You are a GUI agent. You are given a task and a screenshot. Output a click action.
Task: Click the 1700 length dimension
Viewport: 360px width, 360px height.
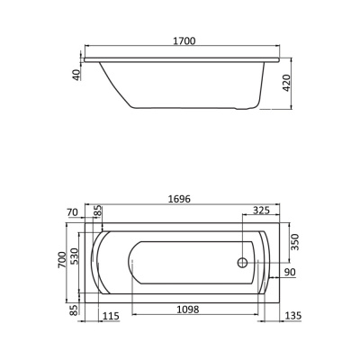(184, 40)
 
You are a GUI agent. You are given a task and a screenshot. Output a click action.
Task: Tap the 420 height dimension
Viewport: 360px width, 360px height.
(287, 83)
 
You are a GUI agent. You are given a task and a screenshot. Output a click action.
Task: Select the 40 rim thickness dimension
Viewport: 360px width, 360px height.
(76, 75)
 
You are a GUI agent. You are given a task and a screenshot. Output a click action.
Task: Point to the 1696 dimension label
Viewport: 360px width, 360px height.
(179, 199)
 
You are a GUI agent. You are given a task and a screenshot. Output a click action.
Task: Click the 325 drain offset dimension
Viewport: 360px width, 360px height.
(261, 211)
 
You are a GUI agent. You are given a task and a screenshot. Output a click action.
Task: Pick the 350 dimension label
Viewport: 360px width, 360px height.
(295, 242)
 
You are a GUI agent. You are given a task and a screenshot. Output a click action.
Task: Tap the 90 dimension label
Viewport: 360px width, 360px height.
(290, 272)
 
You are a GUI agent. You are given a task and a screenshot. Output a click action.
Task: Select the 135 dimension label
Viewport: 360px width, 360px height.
(292, 315)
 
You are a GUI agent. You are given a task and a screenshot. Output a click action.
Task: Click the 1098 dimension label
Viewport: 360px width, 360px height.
(188, 310)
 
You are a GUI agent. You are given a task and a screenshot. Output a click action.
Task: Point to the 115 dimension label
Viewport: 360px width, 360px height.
(111, 316)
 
